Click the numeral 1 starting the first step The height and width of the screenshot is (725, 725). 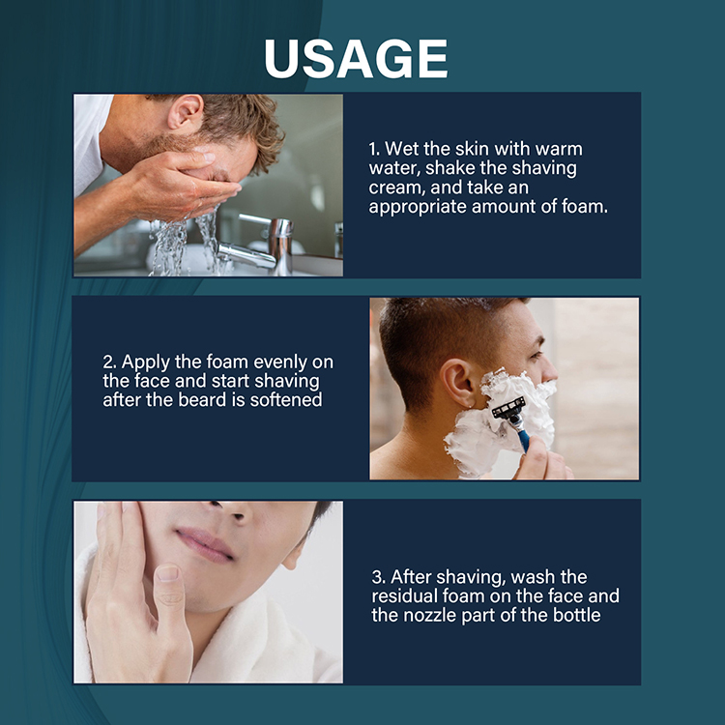(x=373, y=150)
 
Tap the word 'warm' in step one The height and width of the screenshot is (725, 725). (x=563, y=150)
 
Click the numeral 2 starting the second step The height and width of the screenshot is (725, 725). (x=108, y=362)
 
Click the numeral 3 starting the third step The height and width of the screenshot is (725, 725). (x=378, y=577)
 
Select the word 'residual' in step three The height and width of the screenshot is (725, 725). (x=404, y=596)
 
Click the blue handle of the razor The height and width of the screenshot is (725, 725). (x=524, y=439)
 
